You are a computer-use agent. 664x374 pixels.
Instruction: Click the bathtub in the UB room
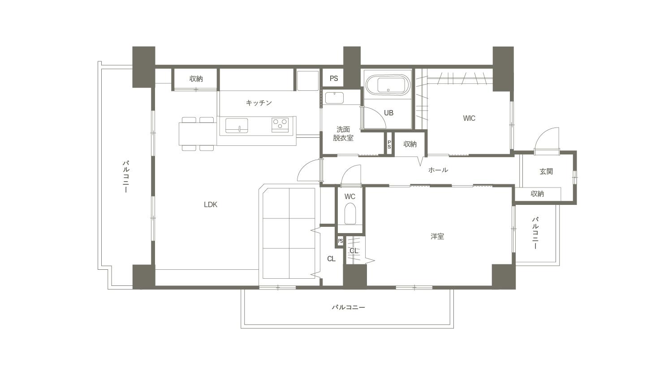387,85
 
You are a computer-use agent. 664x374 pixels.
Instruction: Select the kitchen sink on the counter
237,125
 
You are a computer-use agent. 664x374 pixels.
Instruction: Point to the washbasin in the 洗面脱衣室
334,98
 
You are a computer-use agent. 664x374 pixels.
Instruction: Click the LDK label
211,204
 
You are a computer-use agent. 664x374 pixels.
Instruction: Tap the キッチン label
259,103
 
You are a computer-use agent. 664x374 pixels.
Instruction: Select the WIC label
469,119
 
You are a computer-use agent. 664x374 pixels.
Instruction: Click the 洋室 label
437,236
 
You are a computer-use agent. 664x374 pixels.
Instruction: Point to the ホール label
438,170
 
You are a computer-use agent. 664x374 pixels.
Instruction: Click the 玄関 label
546,172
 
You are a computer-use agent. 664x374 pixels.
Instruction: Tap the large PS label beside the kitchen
334,78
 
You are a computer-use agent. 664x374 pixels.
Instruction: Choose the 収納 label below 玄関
537,194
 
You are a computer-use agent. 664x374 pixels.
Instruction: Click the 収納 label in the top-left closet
196,79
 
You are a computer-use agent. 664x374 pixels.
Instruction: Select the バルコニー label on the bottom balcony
348,307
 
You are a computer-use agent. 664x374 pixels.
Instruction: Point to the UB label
388,113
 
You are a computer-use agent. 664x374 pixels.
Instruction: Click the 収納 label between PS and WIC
410,144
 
